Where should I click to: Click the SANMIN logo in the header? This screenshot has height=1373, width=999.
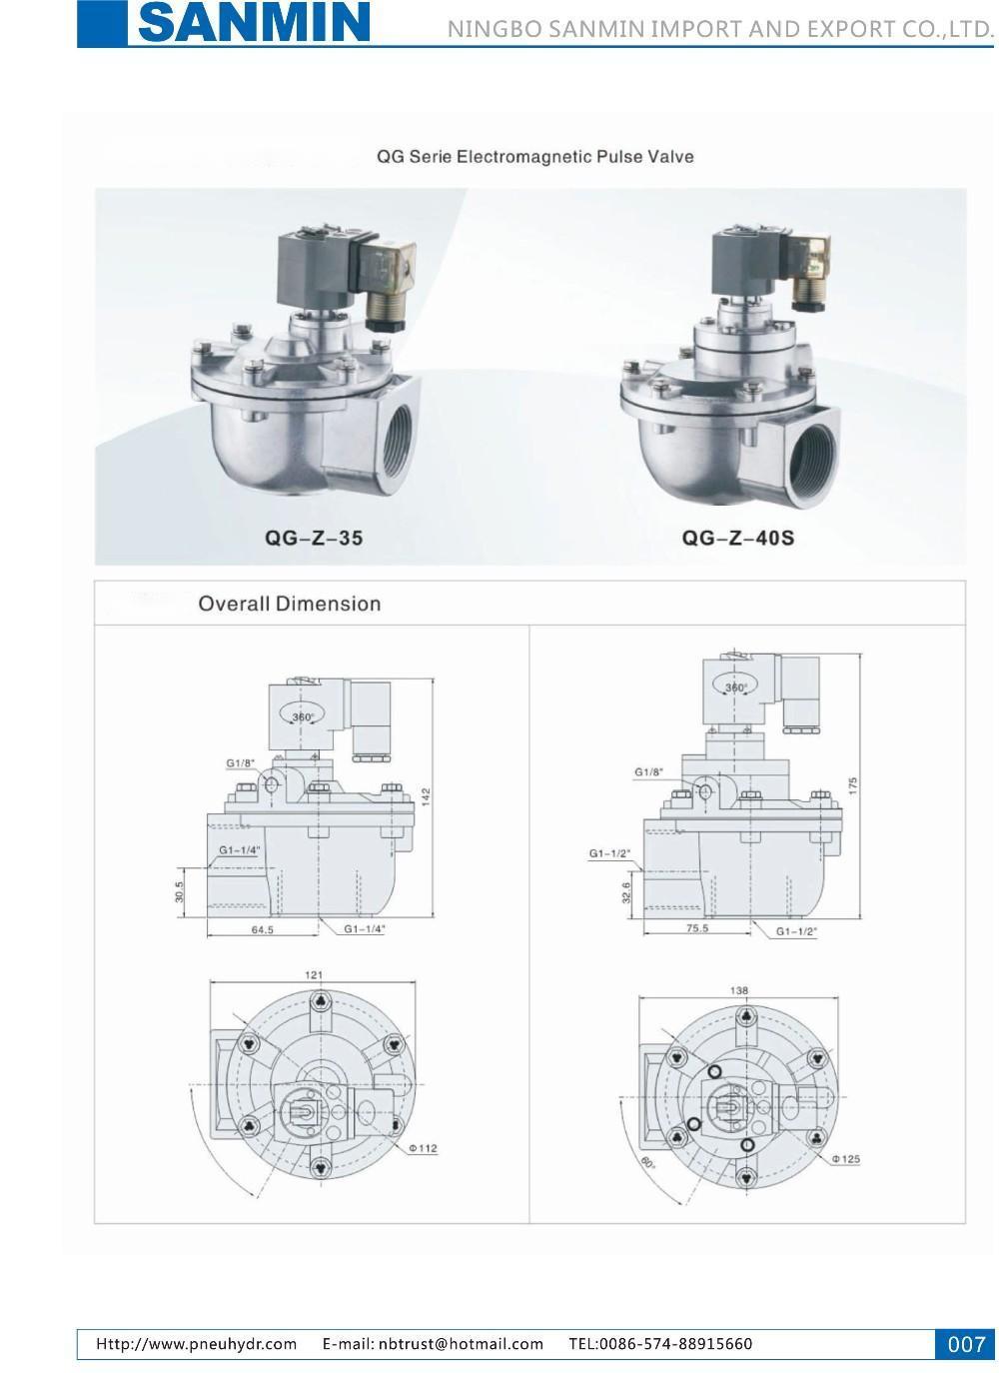pyautogui.click(x=254, y=23)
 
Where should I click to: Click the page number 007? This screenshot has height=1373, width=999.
pyautogui.click(x=966, y=1344)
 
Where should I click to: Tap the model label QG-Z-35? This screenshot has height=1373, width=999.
pyautogui.click(x=313, y=538)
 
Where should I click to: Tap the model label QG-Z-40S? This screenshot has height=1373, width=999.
pyautogui.click(x=737, y=538)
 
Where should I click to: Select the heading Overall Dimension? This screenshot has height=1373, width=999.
pyautogui.click(x=290, y=604)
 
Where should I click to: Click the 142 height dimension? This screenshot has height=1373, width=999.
pyautogui.click(x=427, y=796)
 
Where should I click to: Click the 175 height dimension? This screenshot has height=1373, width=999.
pyautogui.click(x=853, y=785)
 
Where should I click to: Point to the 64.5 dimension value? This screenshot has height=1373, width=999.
pyautogui.click(x=263, y=930)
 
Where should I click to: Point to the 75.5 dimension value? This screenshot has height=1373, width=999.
pyautogui.click(x=697, y=928)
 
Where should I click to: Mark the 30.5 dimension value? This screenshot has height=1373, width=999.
pyautogui.click(x=179, y=892)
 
